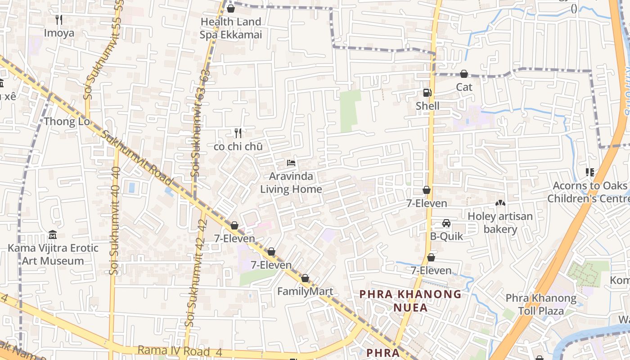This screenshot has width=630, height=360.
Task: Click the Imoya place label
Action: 59,33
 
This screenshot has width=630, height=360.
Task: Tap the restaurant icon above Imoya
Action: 59,19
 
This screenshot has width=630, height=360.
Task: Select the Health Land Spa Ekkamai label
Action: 231,28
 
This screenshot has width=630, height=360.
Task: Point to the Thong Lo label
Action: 67,121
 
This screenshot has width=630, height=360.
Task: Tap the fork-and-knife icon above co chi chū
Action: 238,133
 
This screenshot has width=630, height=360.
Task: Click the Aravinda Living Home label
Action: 291,183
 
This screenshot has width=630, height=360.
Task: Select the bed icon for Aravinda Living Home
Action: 291,162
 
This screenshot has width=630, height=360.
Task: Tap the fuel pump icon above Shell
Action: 427,93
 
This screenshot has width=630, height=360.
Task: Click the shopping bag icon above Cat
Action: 464,74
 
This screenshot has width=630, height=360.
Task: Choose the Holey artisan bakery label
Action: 500,223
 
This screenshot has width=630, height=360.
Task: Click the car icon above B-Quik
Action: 446,223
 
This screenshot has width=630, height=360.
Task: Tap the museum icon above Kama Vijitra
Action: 53,235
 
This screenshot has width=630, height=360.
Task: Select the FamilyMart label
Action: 305,291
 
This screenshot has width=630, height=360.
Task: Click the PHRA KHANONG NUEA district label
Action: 410,301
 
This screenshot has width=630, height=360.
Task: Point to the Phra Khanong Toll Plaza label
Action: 541,304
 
